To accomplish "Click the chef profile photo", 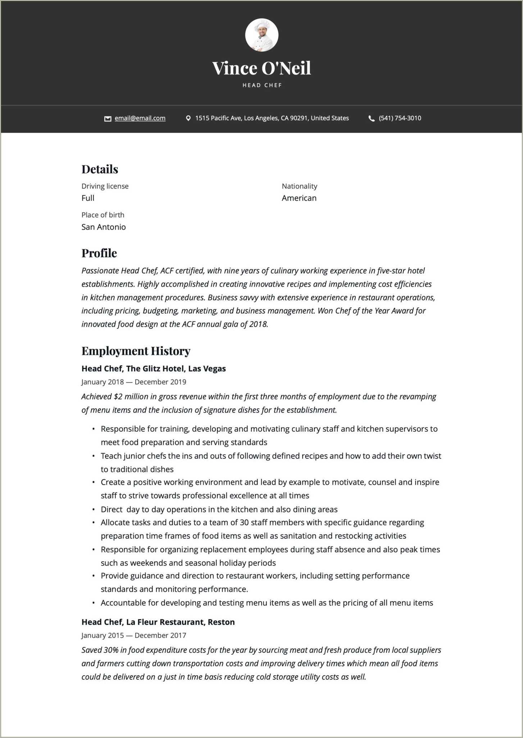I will [261, 35].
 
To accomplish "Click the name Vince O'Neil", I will [261, 68].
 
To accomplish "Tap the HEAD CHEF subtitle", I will [262, 85].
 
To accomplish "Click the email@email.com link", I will [140, 118].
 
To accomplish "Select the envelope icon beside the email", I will [108, 119].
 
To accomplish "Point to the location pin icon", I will [188, 118].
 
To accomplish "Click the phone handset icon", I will [372, 119].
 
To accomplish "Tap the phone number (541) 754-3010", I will [400, 118].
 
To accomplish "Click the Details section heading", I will [100, 169].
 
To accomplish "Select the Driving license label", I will [105, 186].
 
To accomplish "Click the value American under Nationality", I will [299, 198].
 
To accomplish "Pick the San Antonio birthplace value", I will [104, 227].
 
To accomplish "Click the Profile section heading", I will [99, 253].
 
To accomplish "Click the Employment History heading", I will [136, 351].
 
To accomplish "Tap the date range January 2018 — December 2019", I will [134, 382].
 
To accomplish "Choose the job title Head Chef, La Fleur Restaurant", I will [158, 622].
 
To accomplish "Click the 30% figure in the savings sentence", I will [111, 650].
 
